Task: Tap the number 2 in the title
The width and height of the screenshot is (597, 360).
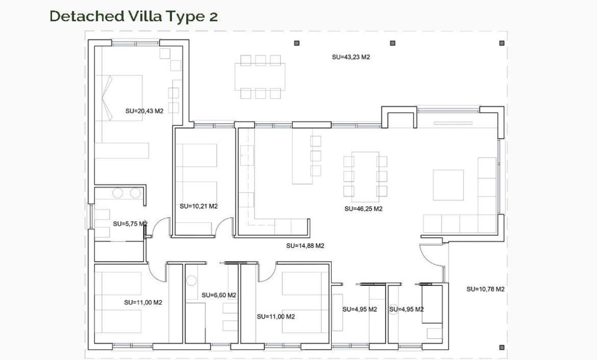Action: [x=213, y=16]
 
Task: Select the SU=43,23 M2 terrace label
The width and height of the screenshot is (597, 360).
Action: [x=350, y=57]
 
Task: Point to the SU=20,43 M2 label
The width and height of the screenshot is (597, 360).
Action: [x=144, y=111]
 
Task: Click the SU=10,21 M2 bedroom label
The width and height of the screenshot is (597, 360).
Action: [x=198, y=206]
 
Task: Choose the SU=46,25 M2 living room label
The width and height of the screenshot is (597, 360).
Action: [x=363, y=209]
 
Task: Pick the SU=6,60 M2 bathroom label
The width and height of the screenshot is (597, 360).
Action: [x=219, y=295]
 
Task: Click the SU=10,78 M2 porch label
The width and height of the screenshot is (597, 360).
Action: [x=485, y=289]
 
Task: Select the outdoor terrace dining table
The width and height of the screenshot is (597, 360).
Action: [x=260, y=76]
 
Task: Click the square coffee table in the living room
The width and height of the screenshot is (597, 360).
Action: [x=448, y=185]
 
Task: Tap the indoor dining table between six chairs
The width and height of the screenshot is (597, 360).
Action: [x=365, y=176]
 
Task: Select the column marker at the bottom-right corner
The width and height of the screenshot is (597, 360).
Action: [x=501, y=348]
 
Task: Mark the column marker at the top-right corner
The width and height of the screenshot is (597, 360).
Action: [x=501, y=43]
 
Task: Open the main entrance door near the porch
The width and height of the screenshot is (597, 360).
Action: [x=431, y=260]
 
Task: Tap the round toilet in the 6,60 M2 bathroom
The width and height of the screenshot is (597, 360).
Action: [x=192, y=280]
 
